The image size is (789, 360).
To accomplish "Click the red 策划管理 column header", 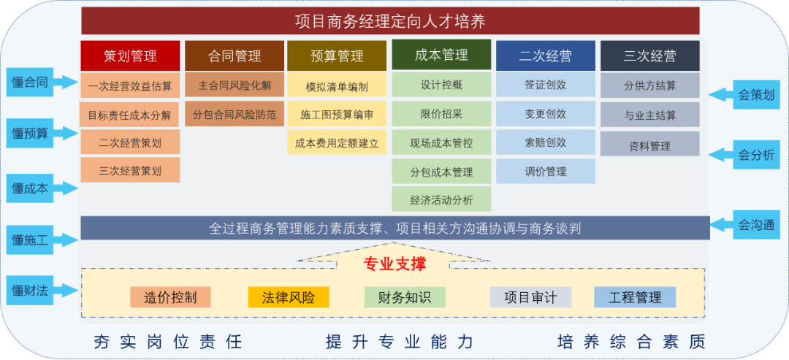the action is pyautogui.click(x=130, y=55).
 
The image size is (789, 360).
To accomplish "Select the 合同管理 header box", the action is pyautogui.click(x=235, y=55).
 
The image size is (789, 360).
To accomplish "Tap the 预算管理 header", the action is pyautogui.click(x=337, y=55).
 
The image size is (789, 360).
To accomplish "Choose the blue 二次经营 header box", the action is pyautogui.click(x=546, y=55).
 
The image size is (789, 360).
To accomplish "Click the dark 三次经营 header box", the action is pyautogui.click(x=650, y=55).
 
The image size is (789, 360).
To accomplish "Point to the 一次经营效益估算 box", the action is pyautogui.click(x=130, y=85).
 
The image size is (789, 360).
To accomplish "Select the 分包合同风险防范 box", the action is pyautogui.click(x=235, y=115).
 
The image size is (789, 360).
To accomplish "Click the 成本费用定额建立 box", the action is pyautogui.click(x=337, y=143).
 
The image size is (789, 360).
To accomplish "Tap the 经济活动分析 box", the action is pyautogui.click(x=441, y=199).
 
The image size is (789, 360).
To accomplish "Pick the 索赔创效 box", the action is pyautogui.click(x=546, y=143).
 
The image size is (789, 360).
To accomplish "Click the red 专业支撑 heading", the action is pyautogui.click(x=394, y=264).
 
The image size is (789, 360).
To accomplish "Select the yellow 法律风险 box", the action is pyautogui.click(x=289, y=297).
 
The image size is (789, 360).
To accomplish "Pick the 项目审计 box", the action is pyautogui.click(x=531, y=297).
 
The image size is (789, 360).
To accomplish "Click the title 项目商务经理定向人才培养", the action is pyautogui.click(x=390, y=22).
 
